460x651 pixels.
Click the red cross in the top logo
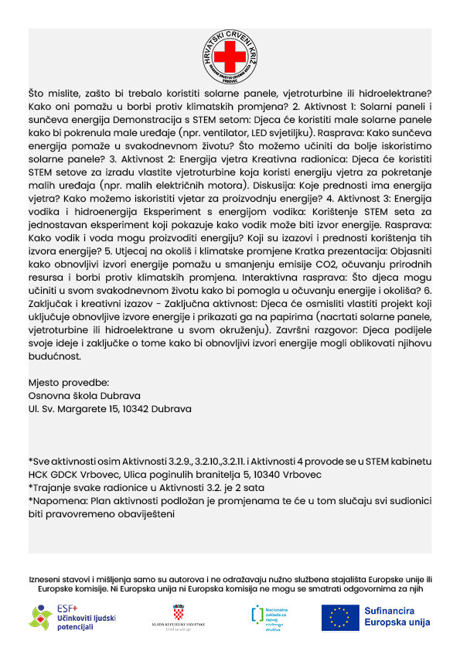[x=229, y=57]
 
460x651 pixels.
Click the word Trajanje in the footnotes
[x=53, y=487]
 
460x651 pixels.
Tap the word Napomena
[x=56, y=499]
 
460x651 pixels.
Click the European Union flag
[x=339, y=616]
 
